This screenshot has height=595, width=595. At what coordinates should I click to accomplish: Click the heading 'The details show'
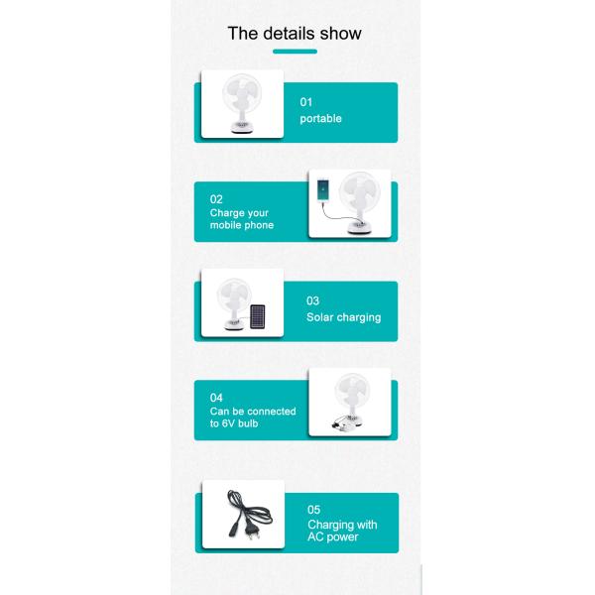pos(295,34)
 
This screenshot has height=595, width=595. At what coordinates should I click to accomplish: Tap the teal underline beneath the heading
pos(295,52)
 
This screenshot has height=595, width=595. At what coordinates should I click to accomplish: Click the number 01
pos(305,102)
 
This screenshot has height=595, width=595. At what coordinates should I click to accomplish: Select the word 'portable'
pos(320,119)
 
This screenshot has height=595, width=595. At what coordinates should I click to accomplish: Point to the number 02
pos(216,199)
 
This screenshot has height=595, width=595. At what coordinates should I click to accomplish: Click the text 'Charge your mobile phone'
pos(242,219)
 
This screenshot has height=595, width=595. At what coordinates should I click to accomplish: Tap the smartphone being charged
pos(322,189)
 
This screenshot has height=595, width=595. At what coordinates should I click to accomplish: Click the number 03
pos(312,300)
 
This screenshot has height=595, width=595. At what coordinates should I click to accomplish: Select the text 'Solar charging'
pos(343,317)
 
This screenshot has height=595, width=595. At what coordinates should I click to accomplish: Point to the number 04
pos(216,398)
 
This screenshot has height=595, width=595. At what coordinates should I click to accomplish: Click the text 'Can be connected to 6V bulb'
pos(253,417)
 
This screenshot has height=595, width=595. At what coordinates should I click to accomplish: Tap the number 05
pos(313,510)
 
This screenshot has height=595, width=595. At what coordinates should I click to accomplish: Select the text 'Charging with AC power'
pos(342,531)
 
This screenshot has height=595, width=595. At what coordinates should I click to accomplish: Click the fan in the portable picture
pos(242,103)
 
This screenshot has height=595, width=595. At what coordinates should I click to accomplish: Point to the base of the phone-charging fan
pos(359,227)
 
